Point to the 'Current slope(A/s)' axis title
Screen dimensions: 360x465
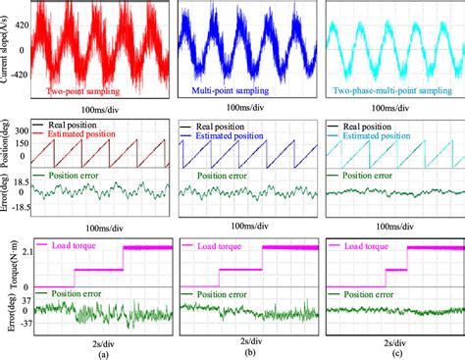tap(7, 53)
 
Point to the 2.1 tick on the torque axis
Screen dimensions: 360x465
tap(21, 253)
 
